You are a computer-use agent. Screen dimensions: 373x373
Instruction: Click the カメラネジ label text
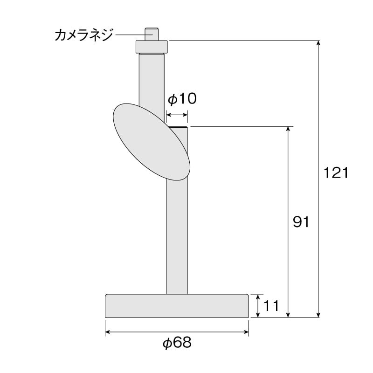[x=83, y=35]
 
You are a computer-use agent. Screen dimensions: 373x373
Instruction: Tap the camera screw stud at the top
[x=152, y=34]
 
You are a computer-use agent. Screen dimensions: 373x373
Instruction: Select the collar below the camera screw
[x=152, y=47]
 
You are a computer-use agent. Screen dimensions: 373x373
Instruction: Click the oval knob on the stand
[x=152, y=142]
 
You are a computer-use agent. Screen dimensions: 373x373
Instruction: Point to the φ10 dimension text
[x=182, y=99]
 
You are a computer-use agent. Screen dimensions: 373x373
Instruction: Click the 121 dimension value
[x=336, y=173]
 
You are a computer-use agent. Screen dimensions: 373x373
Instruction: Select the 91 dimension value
[x=301, y=222]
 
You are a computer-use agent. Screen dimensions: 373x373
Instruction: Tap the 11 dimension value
[x=271, y=306]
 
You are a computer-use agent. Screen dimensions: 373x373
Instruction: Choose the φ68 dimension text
[x=177, y=343]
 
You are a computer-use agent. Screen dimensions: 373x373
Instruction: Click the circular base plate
[x=177, y=306]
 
